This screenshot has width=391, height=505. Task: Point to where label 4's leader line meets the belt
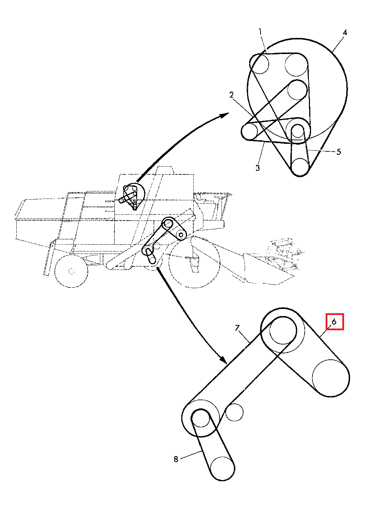click(333, 51)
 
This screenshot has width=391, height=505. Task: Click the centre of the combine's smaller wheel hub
click(72, 271)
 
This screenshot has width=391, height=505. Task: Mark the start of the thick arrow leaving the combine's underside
click(158, 268)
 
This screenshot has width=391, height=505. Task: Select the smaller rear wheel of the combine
click(71, 271)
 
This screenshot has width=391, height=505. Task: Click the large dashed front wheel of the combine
click(194, 262)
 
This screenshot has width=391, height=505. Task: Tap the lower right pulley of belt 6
click(331, 378)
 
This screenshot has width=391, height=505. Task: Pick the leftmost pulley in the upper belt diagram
click(250, 131)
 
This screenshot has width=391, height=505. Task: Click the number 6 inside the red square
click(334, 322)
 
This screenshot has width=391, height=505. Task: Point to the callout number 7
click(237, 328)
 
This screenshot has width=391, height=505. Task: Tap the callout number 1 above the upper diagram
click(261, 32)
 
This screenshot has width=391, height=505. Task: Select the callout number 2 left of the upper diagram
click(231, 95)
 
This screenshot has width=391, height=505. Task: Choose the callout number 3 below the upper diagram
click(257, 168)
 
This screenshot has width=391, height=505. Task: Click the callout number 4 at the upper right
click(345, 33)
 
